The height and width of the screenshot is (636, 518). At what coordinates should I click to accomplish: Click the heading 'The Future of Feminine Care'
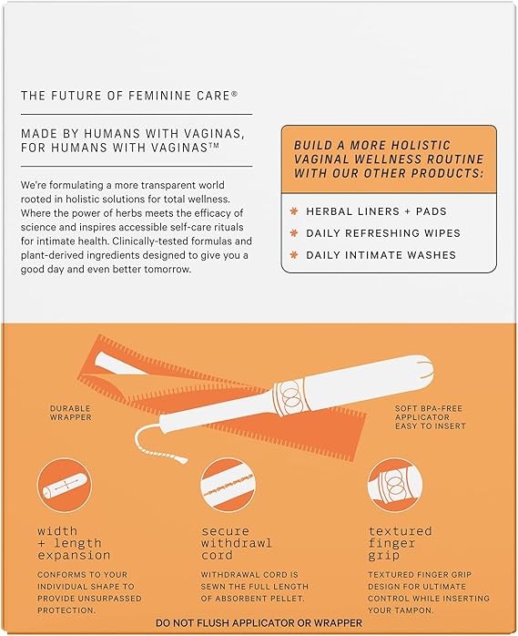click(x=129, y=96)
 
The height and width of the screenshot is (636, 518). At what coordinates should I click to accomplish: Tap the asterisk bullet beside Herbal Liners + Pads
click(x=294, y=211)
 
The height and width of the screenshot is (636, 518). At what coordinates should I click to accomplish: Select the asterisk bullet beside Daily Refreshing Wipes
click(x=294, y=233)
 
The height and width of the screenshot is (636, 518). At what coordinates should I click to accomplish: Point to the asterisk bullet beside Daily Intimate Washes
click(x=294, y=255)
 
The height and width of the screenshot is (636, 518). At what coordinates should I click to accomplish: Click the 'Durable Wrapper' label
click(x=70, y=413)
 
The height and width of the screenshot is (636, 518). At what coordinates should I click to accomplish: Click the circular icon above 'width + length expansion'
click(x=65, y=485)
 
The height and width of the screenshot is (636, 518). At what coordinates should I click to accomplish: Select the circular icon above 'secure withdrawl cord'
click(x=229, y=485)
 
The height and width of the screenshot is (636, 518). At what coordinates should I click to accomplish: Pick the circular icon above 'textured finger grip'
click(x=395, y=485)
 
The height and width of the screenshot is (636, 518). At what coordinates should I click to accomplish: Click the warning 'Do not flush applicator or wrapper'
click(x=259, y=623)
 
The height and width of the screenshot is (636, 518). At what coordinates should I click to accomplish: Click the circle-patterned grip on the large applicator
click(x=290, y=396)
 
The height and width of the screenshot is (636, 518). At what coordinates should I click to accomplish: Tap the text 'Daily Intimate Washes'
click(x=381, y=255)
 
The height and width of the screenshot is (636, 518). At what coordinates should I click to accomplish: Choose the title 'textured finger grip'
click(x=400, y=543)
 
